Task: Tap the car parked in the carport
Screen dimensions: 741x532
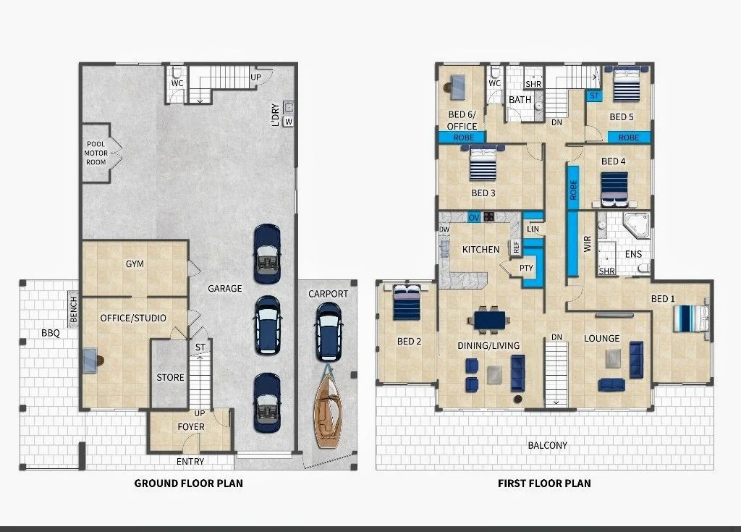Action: [328, 332]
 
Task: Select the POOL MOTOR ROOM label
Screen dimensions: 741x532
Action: [96, 153]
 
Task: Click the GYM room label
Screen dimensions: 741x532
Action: [135, 264]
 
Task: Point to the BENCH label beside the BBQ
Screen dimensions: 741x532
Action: [73, 310]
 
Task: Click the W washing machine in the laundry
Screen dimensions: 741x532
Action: [289, 122]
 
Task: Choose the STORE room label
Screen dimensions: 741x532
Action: [170, 377]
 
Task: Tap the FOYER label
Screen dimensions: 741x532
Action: [191, 426]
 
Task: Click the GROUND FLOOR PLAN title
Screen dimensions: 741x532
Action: [189, 484]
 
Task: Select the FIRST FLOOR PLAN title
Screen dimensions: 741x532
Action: [544, 484]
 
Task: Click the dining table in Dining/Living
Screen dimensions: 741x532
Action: [489, 320]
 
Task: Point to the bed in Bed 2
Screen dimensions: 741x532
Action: [407, 303]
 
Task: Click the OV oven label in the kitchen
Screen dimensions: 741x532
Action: [474, 218]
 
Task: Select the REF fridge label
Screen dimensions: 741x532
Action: [515, 247]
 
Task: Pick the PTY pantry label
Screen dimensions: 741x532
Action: [526, 268]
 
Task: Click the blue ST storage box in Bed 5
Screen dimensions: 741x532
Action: [594, 96]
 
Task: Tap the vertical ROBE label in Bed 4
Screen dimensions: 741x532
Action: [573, 190]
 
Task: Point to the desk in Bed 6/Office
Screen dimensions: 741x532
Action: [456, 88]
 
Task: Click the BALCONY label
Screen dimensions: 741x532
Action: [547, 445]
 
